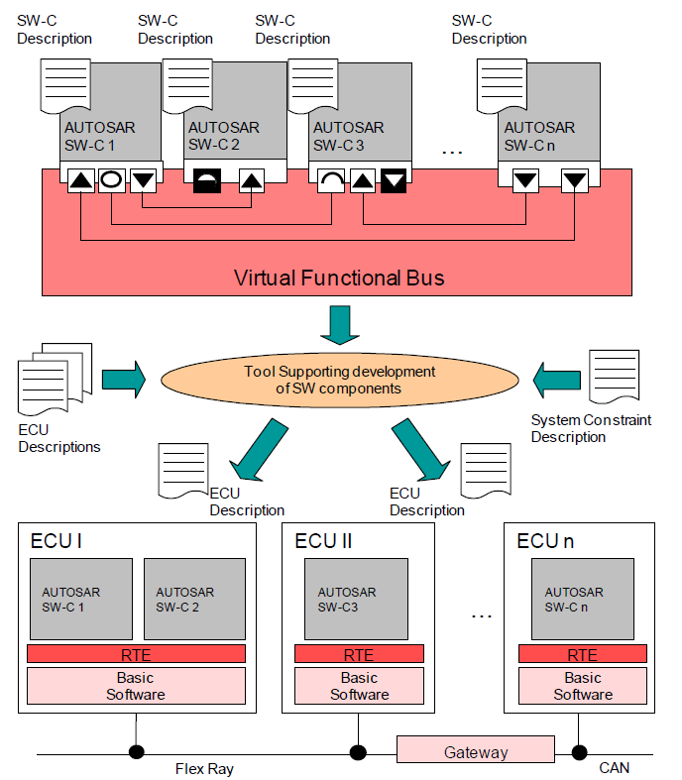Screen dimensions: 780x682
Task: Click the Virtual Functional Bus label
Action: pyautogui.click(x=339, y=278)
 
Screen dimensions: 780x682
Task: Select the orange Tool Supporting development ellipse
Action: pyautogui.click(x=339, y=381)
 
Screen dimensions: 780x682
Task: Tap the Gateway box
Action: pyautogui.click(x=476, y=751)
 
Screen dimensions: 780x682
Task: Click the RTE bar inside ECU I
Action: pyautogui.click(x=136, y=654)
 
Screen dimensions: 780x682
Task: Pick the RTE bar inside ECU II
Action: pyautogui.click(x=359, y=654)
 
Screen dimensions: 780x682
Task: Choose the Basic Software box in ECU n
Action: pyautogui.click(x=583, y=686)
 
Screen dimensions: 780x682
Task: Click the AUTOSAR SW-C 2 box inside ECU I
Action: pyautogui.click(x=194, y=599)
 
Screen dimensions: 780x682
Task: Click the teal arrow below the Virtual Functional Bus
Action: pyautogui.click(x=340, y=324)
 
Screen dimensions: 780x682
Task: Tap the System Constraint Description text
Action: pyautogui.click(x=591, y=428)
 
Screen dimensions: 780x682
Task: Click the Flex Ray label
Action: pyautogui.click(x=205, y=768)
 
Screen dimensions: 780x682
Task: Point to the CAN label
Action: pyautogui.click(x=614, y=768)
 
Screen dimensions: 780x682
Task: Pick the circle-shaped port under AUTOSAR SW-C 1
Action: pyautogui.click(x=111, y=181)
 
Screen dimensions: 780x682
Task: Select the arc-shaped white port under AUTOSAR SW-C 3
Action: pyautogui.click(x=330, y=181)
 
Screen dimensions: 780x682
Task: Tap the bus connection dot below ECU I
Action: pyautogui.click(x=136, y=751)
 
